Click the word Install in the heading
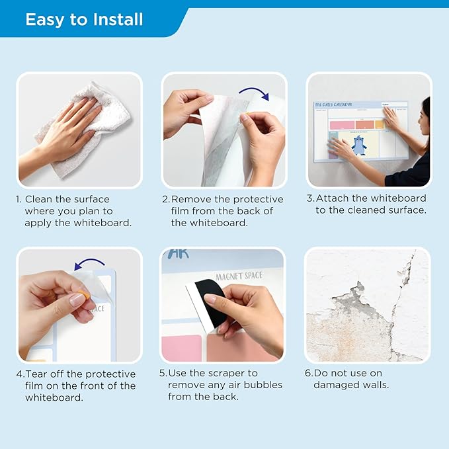(x=118, y=19)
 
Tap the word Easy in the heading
(x=44, y=20)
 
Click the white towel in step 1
(x=86, y=129)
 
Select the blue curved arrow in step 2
(x=255, y=93)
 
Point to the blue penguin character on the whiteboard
(x=359, y=145)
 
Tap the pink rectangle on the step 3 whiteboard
(x=342, y=125)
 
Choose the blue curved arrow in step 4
(x=89, y=264)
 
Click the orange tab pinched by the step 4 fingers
(x=83, y=295)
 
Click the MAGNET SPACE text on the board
(x=239, y=276)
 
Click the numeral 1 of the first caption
(x=18, y=199)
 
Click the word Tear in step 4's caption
(x=36, y=374)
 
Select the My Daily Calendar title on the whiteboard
(x=333, y=104)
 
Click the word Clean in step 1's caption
(x=38, y=199)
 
